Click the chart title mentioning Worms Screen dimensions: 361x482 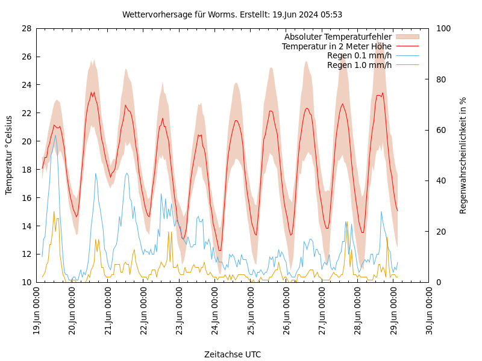(x=232, y=14)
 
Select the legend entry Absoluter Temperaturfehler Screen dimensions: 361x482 (x=338, y=37)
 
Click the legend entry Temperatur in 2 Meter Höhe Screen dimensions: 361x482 (x=337, y=46)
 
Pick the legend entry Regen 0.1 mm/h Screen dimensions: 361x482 (x=359, y=55)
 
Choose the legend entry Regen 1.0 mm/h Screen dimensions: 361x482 (x=359, y=65)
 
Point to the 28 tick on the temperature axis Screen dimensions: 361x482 (x=27, y=28)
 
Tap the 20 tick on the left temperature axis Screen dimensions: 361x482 (x=27, y=141)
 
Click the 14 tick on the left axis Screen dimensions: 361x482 (x=27, y=226)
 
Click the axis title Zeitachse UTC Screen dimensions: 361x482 (x=232, y=354)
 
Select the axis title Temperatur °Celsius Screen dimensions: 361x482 (x=9, y=155)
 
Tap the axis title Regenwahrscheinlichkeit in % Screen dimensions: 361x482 (x=463, y=155)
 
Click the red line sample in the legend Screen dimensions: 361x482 (x=407, y=46)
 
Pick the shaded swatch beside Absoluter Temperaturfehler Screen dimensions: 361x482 (x=407, y=37)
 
